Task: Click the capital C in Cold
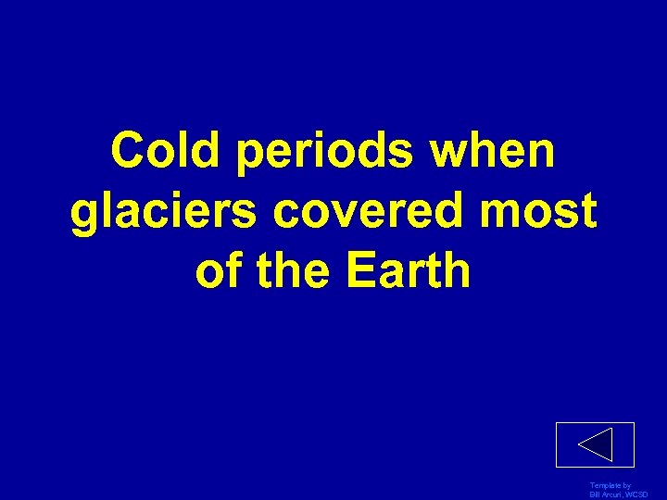click(129, 150)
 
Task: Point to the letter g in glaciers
click(86, 215)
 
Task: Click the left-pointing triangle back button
click(595, 444)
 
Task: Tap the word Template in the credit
click(604, 486)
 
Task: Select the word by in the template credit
click(627, 486)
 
